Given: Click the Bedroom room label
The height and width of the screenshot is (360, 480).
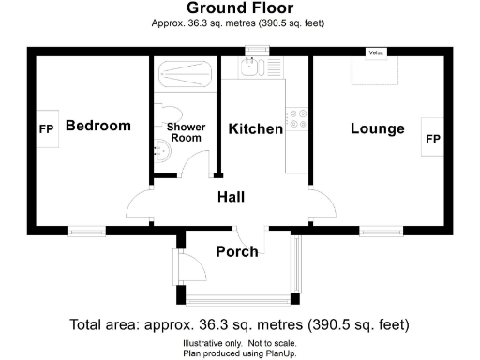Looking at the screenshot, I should [97, 126].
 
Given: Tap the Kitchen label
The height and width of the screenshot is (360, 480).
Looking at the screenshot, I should [255, 128].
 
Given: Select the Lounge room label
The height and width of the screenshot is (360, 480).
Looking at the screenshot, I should [377, 128].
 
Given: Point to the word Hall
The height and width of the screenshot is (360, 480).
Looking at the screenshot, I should [231, 197].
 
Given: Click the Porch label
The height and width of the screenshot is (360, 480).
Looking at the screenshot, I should [237, 251].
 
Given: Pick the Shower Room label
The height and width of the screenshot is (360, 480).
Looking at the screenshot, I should [185, 132].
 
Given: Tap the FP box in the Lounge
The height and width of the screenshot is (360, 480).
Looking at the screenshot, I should [433, 139].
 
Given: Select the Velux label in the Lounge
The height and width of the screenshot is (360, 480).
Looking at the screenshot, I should [378, 52].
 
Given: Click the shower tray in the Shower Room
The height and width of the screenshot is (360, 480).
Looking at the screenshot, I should [185, 73].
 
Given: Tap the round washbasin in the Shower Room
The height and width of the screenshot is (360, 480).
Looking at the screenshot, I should [161, 148].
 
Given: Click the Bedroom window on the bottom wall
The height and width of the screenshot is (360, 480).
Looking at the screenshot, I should [86, 230].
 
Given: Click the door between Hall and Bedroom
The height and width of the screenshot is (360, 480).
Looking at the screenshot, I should [139, 203].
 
